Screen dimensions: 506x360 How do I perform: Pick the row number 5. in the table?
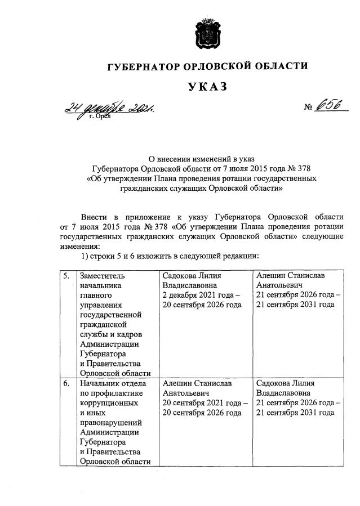(67, 276)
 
